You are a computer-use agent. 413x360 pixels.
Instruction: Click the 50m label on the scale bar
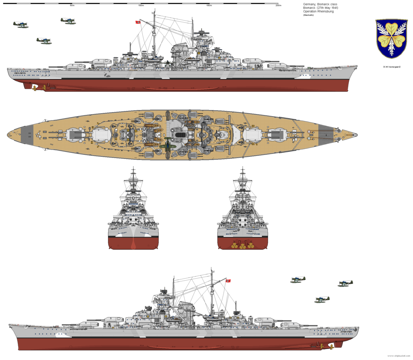72,5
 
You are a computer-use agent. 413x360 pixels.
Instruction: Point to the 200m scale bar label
278,5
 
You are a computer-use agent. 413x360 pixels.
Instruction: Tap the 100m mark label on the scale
141,5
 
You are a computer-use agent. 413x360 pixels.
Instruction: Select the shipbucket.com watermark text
399,356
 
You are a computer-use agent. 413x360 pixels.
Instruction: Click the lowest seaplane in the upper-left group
43,40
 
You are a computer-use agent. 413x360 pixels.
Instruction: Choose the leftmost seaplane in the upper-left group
19,24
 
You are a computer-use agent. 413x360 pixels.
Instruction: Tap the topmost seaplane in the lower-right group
298,279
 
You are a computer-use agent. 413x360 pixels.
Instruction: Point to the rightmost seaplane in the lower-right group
346,283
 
